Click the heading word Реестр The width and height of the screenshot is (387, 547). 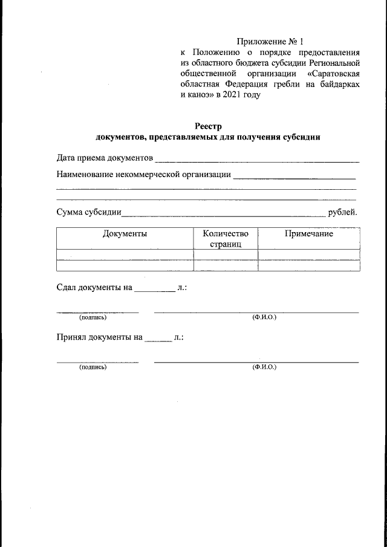click(x=209, y=126)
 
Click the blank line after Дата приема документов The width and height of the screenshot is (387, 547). click(x=257, y=160)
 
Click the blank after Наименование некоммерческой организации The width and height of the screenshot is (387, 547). click(x=294, y=177)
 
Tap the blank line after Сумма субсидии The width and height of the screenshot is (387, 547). click(x=223, y=214)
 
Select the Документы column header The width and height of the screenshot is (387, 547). click(x=125, y=233)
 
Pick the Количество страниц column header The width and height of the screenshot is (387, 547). click(x=226, y=239)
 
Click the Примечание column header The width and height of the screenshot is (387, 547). click(x=309, y=233)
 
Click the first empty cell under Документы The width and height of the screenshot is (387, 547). click(x=125, y=254)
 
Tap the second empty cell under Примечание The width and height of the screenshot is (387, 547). click(x=309, y=265)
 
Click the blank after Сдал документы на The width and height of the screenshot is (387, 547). click(x=154, y=290)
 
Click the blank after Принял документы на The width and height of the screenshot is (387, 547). click(x=158, y=339)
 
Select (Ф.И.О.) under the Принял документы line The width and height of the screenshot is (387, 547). click(x=264, y=367)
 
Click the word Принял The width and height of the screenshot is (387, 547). click(x=71, y=338)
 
